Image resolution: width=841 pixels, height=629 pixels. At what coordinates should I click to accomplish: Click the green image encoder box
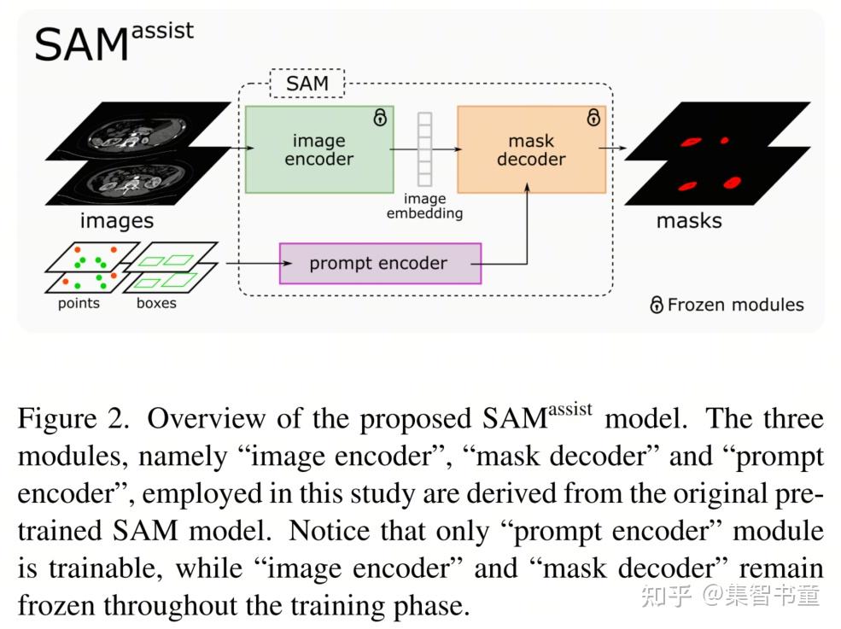coord(318,149)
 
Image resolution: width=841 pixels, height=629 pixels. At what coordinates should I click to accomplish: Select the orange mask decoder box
coord(531,149)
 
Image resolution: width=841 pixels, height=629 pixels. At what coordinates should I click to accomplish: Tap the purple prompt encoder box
coord(380,263)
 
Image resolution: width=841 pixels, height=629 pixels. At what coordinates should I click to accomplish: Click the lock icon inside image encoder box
coord(380,119)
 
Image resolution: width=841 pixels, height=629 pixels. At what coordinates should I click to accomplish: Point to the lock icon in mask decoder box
coord(593,119)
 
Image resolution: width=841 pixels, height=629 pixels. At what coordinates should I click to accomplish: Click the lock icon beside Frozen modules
coord(657,305)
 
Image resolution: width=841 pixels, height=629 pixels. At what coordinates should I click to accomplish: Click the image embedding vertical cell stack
coord(424,149)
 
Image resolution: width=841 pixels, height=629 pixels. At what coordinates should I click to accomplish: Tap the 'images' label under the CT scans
coord(116,221)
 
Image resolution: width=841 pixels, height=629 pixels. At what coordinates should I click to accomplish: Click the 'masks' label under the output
coord(688,221)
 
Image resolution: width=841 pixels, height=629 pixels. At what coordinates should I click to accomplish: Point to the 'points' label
coord(79,303)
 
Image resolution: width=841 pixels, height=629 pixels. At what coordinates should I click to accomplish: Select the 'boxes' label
coord(156,303)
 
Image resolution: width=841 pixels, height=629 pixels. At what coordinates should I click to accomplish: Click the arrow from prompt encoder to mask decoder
coord(527,230)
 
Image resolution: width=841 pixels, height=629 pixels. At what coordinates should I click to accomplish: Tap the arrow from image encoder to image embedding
coord(406,149)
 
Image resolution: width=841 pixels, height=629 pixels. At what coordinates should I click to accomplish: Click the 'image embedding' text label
coord(424,206)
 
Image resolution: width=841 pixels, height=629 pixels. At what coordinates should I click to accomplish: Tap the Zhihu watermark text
coord(730,595)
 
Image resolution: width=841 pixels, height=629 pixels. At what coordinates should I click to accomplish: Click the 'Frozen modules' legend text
coord(735,305)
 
